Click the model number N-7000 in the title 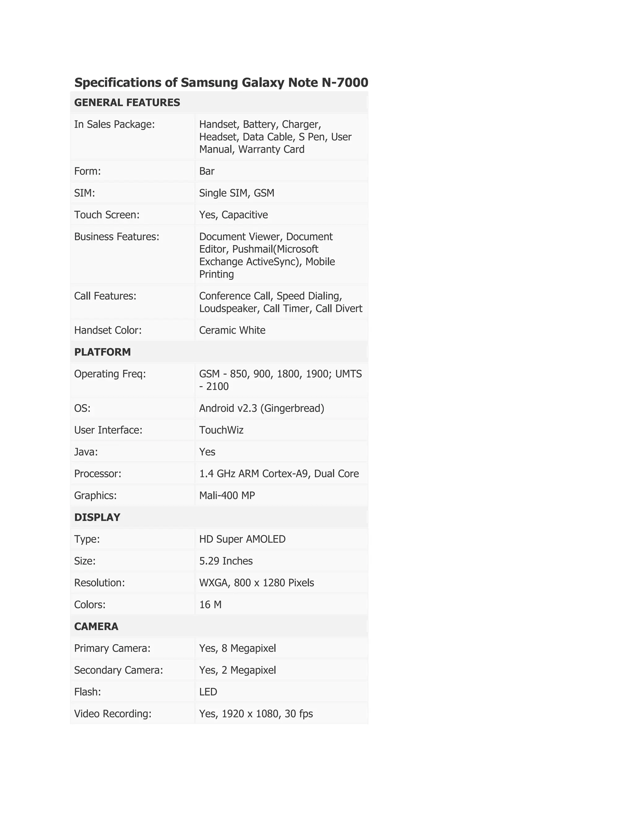pos(345,82)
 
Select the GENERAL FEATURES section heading pos(127,102)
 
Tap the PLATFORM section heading pos(102,352)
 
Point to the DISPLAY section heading pos(97,517)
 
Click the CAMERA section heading pos(96,626)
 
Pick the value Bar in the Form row pos(206,171)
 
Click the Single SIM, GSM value pos(237,193)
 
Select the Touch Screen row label pos(107,215)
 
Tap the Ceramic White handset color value pos(232,330)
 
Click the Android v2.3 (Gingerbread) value pos(261,408)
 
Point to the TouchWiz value pos(221,430)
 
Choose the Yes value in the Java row pos(207,452)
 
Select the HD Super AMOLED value pos(242,539)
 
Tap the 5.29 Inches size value pos(226,561)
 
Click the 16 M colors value pos(210,605)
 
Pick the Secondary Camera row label pos(118,670)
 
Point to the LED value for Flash pos(208,692)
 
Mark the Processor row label pos(98,473)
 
